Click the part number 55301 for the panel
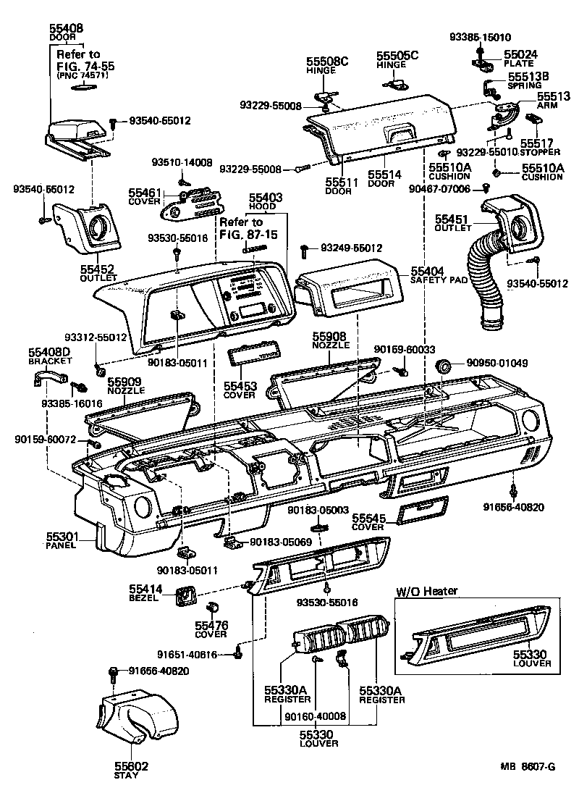pos(63,537)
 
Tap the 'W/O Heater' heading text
pos(426,591)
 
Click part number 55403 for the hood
pos(266,197)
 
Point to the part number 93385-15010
pos(479,38)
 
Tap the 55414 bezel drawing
pos(187,597)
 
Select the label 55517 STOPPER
pos(539,148)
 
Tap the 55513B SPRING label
pos(528,80)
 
